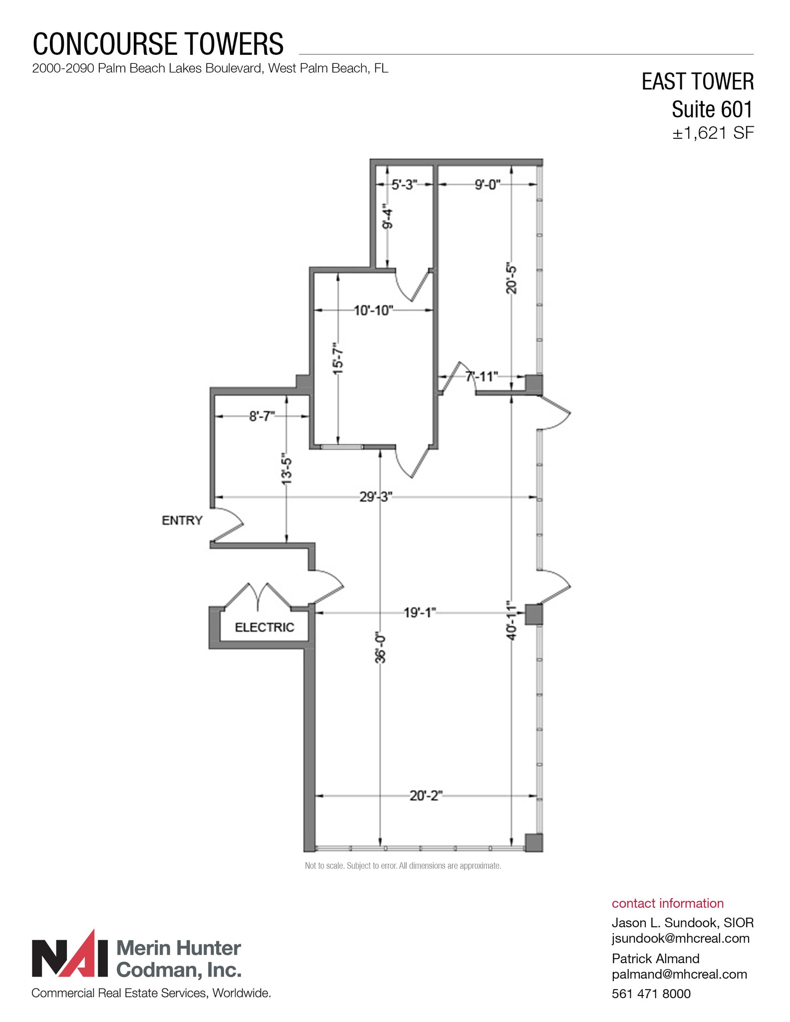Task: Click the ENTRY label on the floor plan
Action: click(182, 520)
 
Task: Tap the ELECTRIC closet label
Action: click(264, 627)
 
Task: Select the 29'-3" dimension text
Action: click(376, 497)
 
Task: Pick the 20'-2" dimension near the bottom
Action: click(426, 795)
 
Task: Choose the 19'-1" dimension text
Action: click(420, 612)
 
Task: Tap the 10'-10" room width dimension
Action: click(373, 310)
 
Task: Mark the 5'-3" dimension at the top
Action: click(404, 185)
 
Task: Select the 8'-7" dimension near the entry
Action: click(262, 416)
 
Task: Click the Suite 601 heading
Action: click(712, 109)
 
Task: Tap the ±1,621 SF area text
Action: click(713, 133)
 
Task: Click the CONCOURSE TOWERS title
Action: click(158, 44)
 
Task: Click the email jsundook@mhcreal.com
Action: click(681, 938)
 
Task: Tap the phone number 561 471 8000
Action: click(651, 994)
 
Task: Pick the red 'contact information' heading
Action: click(667, 903)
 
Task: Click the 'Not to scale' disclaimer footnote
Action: click(403, 866)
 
